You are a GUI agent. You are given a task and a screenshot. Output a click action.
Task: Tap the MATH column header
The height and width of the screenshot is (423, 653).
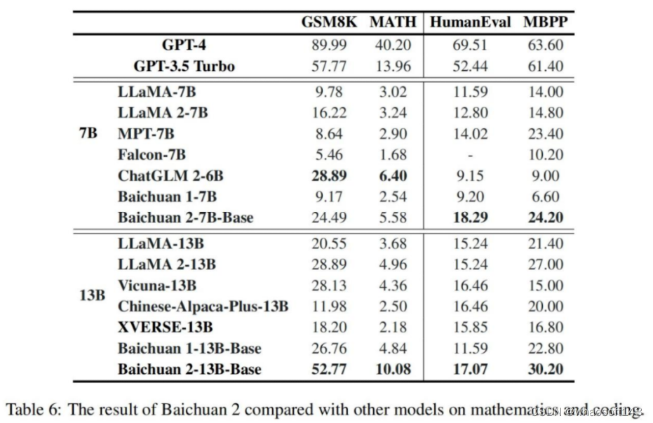(x=393, y=22)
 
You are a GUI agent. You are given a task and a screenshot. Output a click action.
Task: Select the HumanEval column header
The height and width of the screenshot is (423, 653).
(x=470, y=22)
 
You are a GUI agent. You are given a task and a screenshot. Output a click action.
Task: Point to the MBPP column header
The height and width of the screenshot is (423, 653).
(x=545, y=22)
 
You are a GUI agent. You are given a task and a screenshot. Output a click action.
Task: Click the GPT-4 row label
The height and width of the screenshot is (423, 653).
(x=184, y=45)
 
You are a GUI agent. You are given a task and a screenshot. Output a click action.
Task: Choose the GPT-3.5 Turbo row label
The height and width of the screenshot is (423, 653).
(x=184, y=67)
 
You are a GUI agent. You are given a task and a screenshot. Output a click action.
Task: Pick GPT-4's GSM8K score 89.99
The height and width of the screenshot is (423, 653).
(x=329, y=45)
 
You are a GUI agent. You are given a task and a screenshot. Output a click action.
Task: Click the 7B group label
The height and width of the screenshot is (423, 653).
(x=88, y=133)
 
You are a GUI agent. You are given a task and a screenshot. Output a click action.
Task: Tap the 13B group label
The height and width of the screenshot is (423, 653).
(x=92, y=295)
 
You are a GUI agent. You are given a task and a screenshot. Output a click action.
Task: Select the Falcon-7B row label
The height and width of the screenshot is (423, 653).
(x=152, y=154)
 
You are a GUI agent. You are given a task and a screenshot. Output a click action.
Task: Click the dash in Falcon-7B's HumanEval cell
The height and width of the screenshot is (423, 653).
(x=470, y=155)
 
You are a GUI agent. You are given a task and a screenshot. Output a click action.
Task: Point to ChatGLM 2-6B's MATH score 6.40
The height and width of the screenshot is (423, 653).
(x=393, y=175)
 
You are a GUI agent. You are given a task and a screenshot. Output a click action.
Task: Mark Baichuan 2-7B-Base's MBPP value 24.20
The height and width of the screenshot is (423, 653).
(x=545, y=217)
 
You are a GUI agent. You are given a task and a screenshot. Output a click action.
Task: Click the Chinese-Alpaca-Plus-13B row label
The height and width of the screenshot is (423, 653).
(x=203, y=307)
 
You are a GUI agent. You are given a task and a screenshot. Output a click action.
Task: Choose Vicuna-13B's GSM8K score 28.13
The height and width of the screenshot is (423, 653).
(x=329, y=286)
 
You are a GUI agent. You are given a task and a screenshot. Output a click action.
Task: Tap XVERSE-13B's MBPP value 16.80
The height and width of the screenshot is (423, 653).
(x=545, y=328)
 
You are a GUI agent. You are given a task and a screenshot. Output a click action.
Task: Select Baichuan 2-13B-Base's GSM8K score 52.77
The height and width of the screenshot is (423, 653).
(x=329, y=370)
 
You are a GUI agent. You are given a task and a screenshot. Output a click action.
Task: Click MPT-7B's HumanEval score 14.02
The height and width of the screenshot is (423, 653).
(x=470, y=133)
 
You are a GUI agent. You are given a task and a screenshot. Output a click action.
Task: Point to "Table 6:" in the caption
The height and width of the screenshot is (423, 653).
(x=34, y=408)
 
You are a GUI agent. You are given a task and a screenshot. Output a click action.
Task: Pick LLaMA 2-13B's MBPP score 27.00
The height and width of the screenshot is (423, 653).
(x=545, y=264)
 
